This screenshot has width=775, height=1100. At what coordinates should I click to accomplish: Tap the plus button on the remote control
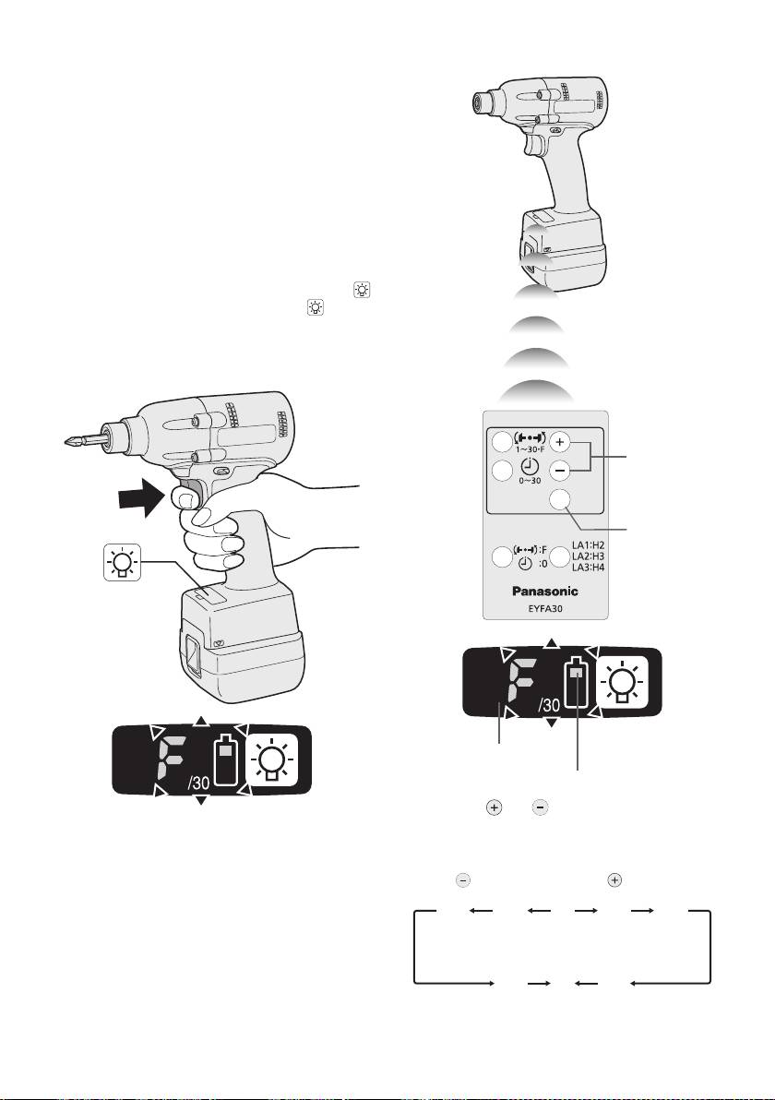pos(559,442)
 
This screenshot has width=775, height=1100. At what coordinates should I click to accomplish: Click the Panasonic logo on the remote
pos(545,591)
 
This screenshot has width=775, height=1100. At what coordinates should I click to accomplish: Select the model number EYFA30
pos(545,608)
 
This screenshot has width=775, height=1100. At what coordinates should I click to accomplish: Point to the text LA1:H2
pos(588,545)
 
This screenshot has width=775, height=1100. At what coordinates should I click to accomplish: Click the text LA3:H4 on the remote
pos(588,568)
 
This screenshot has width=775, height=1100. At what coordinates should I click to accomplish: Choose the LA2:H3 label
pos(588,556)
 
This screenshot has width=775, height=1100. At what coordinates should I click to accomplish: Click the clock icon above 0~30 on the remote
pos(530,467)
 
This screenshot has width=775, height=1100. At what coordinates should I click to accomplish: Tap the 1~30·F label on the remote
pos(530,449)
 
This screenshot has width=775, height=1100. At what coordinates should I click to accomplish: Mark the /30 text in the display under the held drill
pos(198,783)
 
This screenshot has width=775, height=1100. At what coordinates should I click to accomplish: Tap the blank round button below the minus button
pos(560,499)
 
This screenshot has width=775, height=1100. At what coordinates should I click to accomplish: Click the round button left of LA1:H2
pos(560,556)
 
